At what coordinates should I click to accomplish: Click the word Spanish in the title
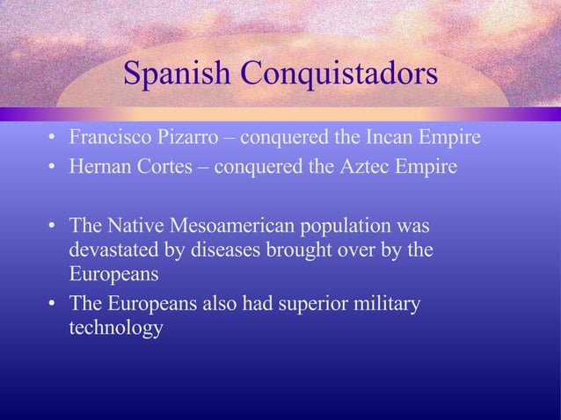(x=175, y=75)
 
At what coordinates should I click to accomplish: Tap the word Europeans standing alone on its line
(x=113, y=273)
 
